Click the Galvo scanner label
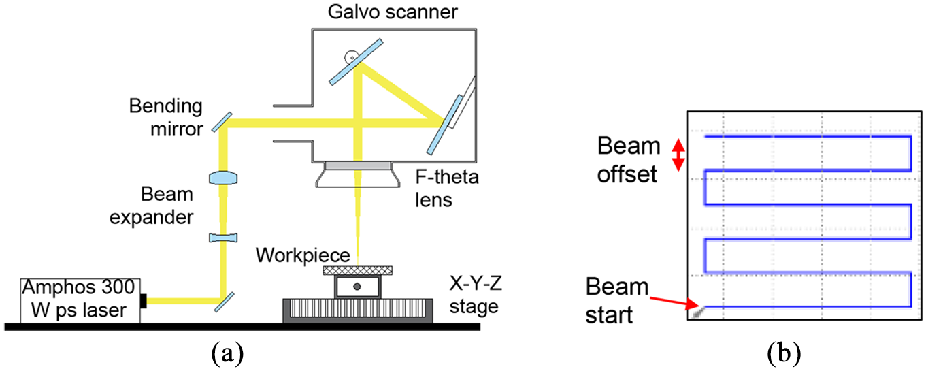pos(393,12)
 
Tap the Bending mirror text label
pos(166,118)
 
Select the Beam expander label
pos(151,206)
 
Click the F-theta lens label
pos(447,188)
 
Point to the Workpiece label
pos(303,255)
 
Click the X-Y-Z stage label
pos(476,295)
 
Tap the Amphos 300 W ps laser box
pos(80,301)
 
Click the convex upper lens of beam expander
pos(223,178)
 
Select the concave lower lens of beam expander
pos(223,238)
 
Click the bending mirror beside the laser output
pos(224,302)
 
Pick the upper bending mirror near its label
pos(222,123)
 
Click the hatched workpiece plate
pos(358,270)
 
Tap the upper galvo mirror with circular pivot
pos(356,62)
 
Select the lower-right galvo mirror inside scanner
pos(445,125)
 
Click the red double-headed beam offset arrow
pos(678,155)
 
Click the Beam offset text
pos(629,160)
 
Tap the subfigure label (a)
pos(227,353)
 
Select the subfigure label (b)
pos(784,353)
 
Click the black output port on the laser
pos(144,301)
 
